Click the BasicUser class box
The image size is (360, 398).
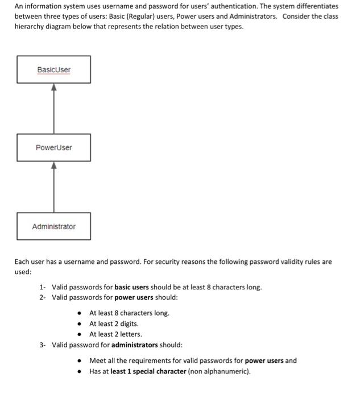coord(53,69)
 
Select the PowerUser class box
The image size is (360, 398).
coord(53,148)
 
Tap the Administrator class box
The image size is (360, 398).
coord(53,226)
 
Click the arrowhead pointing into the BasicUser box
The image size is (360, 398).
coord(54,88)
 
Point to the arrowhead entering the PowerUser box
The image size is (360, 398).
coord(54,165)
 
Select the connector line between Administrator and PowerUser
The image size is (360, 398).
coord(54,190)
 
